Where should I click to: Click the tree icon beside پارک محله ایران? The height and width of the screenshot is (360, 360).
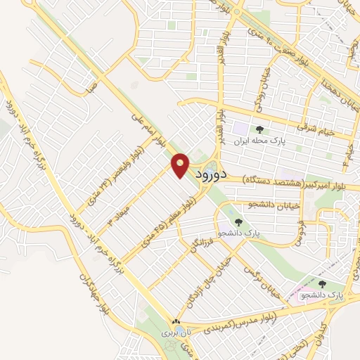(260, 129)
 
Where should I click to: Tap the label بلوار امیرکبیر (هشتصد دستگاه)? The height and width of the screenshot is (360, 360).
(288, 180)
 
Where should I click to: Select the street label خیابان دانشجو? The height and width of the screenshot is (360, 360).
(250, 205)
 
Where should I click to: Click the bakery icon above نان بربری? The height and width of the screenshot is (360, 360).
(173, 319)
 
